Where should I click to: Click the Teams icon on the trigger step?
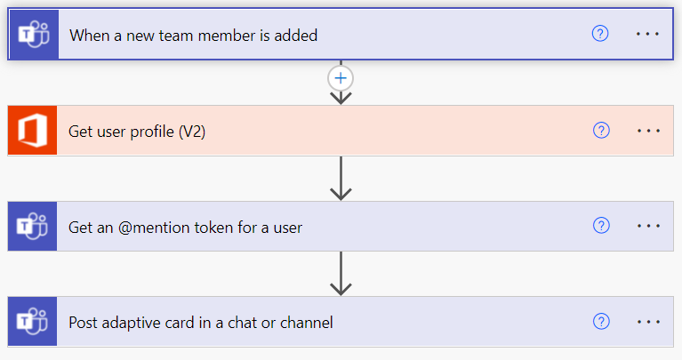(33, 35)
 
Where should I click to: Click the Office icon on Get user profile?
(33, 131)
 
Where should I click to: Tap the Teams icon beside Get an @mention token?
(33, 227)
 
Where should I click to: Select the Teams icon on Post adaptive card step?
(33, 322)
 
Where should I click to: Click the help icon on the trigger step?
(600, 34)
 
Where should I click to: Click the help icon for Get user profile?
(601, 131)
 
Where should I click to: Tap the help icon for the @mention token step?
(601, 226)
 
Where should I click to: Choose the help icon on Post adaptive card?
(601, 322)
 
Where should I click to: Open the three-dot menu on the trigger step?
(649, 34)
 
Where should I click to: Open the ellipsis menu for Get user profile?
(649, 131)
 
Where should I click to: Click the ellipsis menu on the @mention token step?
(649, 226)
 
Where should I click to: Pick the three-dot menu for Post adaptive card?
(649, 322)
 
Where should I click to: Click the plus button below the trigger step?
(341, 77)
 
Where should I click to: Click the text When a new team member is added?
(193, 36)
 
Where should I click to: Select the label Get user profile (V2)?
(137, 132)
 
